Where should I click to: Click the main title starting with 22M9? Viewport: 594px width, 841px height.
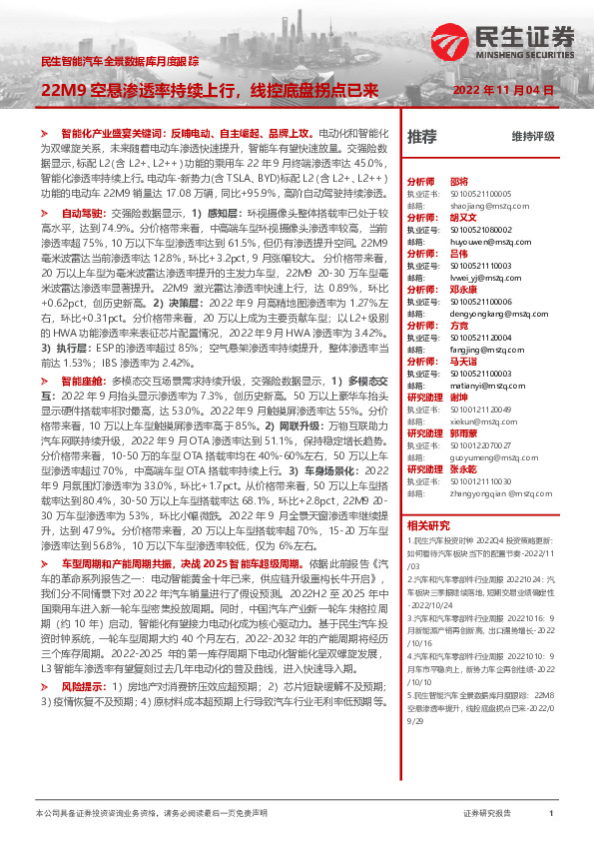209,90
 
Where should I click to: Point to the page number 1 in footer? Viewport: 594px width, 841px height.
551,814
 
